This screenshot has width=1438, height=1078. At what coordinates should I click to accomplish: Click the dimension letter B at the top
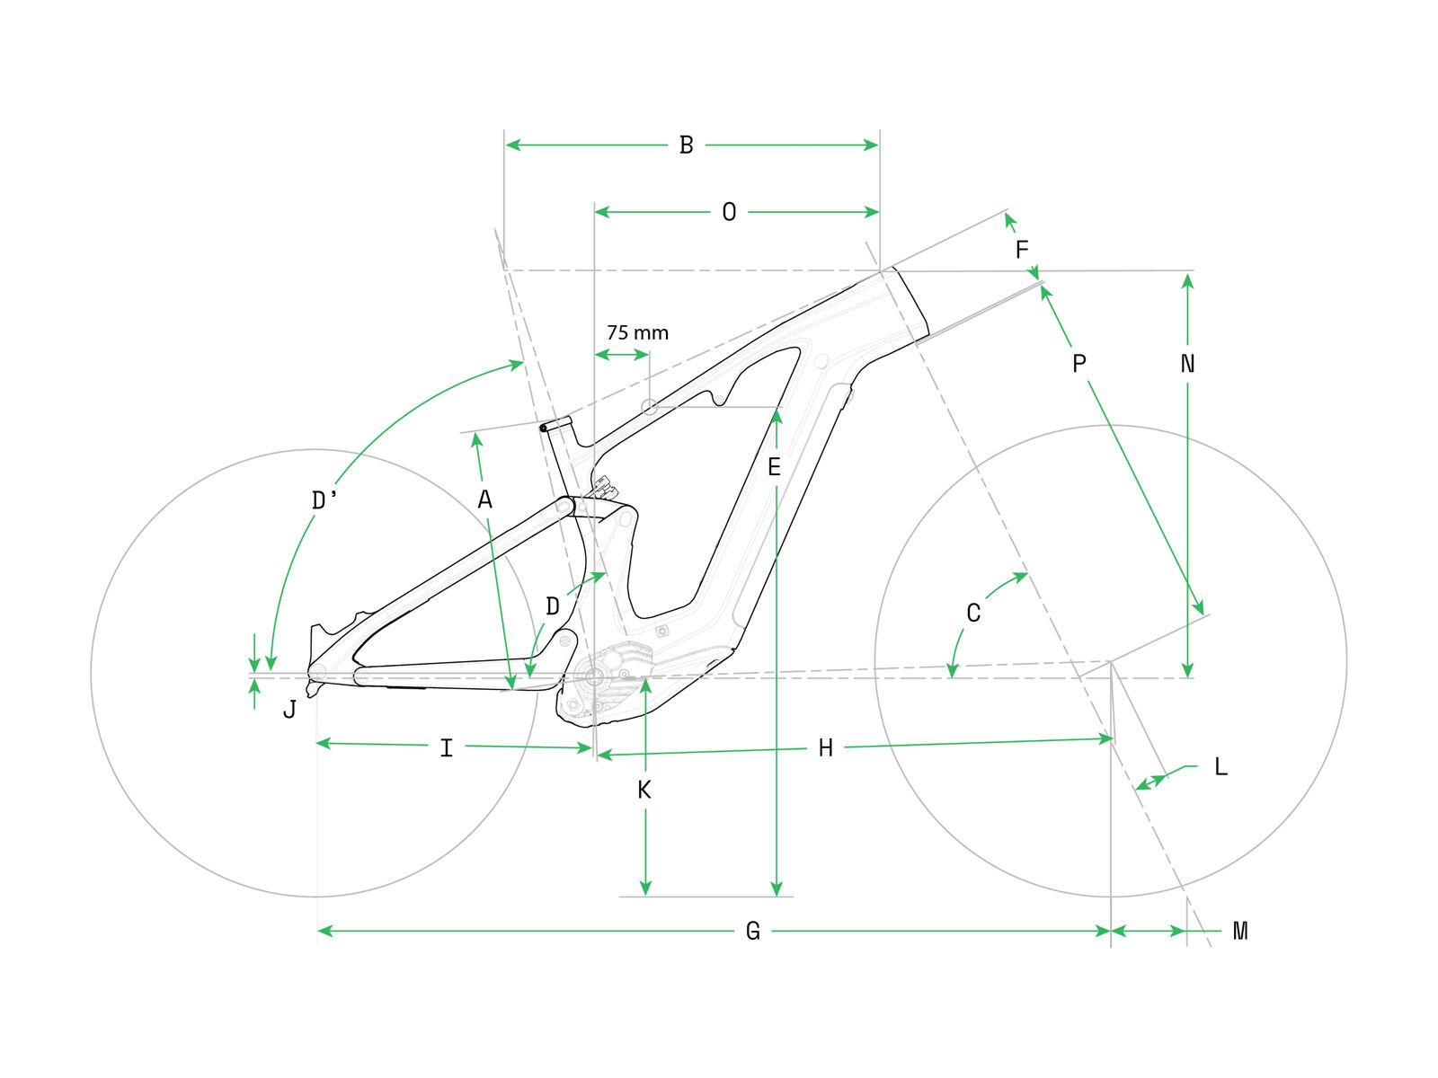click(686, 145)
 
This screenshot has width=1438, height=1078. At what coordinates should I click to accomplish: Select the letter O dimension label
click(729, 212)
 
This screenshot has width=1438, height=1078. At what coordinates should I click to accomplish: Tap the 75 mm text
click(637, 333)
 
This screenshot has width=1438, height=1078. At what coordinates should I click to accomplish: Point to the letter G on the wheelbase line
click(753, 932)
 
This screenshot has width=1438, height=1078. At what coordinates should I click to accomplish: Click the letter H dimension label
click(826, 747)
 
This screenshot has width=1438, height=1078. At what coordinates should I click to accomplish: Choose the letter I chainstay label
click(446, 747)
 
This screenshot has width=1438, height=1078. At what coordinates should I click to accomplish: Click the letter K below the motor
click(644, 791)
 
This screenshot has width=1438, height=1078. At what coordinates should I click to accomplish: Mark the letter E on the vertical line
click(774, 467)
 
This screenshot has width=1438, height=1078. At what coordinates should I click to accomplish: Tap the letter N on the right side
click(1187, 364)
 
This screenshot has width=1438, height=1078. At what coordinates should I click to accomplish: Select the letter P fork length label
click(1079, 364)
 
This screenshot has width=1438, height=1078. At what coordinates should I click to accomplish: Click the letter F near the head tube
click(1022, 250)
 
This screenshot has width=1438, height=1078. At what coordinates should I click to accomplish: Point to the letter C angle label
click(973, 614)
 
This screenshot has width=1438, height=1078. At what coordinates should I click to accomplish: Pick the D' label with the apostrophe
click(324, 500)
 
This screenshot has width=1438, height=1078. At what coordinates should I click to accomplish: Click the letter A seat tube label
click(484, 499)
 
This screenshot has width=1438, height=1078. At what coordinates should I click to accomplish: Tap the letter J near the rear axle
click(289, 710)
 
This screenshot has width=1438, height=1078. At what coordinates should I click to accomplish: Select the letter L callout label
click(1220, 767)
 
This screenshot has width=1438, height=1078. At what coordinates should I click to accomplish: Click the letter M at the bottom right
click(1240, 932)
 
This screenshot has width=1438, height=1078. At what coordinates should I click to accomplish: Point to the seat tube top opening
click(556, 424)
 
